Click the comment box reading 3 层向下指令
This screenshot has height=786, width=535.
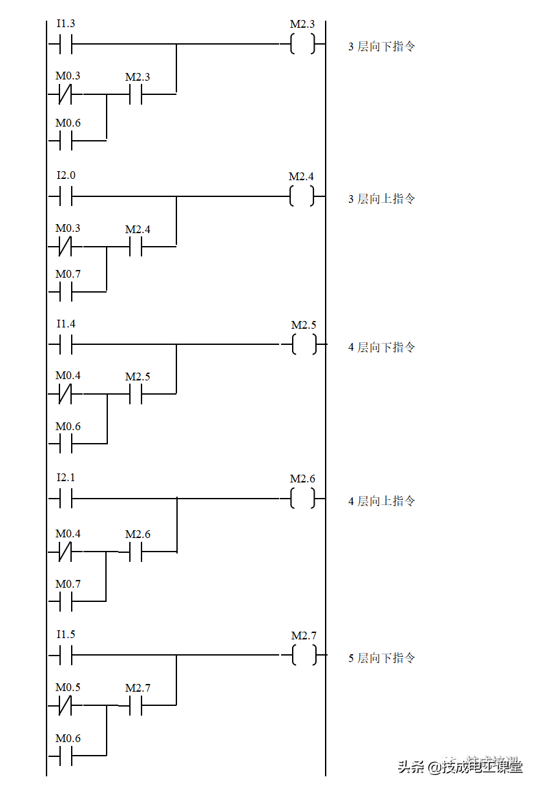click(384, 47)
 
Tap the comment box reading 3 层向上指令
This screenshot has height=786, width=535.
click(384, 199)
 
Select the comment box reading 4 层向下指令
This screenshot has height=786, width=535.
click(384, 347)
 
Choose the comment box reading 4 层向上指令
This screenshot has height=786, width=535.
click(384, 501)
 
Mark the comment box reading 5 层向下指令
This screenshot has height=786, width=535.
click(384, 658)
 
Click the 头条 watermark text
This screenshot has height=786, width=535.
click(410, 767)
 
